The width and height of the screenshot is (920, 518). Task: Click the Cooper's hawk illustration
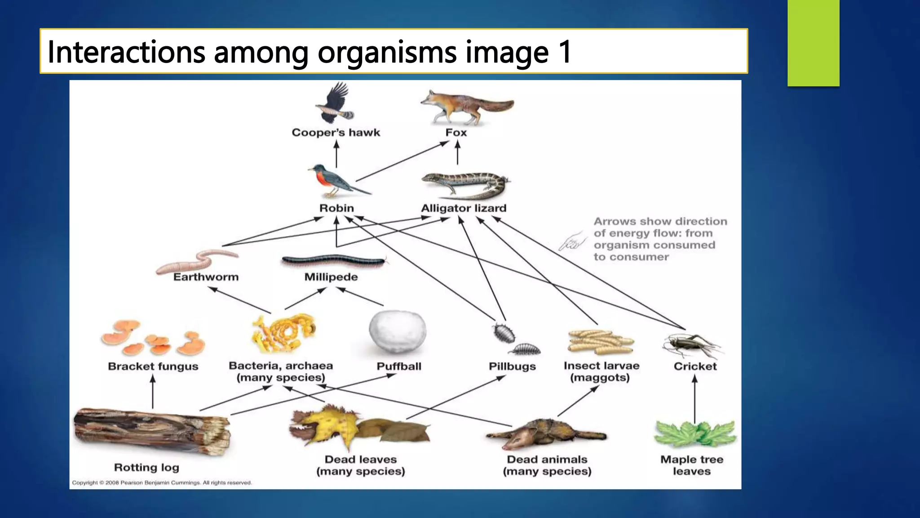pyautogui.click(x=334, y=103)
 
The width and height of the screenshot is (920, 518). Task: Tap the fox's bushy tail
pyautogui.click(x=496, y=106)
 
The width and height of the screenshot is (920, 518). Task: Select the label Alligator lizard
pyautogui.click(x=463, y=208)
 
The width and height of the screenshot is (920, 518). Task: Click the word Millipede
pyautogui.click(x=331, y=277)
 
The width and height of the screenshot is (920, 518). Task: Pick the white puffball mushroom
pyautogui.click(x=397, y=332)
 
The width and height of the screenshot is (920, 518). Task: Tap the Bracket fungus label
pyautogui.click(x=153, y=366)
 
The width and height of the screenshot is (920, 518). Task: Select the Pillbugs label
pyautogui.click(x=512, y=366)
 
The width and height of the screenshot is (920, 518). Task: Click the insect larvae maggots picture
pyautogui.click(x=600, y=343)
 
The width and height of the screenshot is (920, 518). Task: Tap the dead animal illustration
pyautogui.click(x=545, y=434)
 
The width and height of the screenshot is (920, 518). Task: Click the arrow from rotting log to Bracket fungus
pyautogui.click(x=153, y=392)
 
